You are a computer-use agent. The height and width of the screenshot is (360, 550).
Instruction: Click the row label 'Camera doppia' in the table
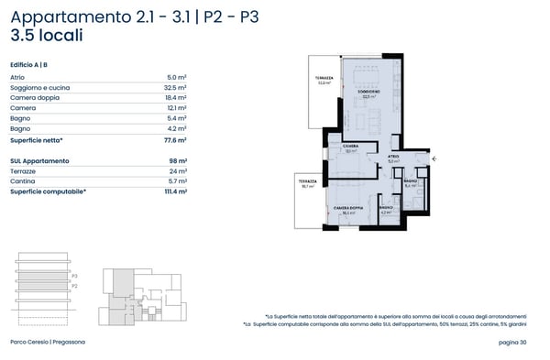33,98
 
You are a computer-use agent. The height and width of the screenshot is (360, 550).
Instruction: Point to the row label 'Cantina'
23,181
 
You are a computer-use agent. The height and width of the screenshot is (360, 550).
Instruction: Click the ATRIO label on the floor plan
393,157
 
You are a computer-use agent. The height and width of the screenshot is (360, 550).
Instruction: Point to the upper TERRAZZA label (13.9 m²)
323,78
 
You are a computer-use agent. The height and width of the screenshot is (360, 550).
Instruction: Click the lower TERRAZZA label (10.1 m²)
306,182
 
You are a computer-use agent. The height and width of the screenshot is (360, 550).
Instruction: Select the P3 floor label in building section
74,275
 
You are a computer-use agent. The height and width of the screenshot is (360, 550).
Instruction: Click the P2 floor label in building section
74,286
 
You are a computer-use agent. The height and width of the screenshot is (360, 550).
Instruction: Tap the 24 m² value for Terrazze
178,171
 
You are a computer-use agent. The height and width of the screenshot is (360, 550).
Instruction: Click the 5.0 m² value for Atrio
177,78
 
